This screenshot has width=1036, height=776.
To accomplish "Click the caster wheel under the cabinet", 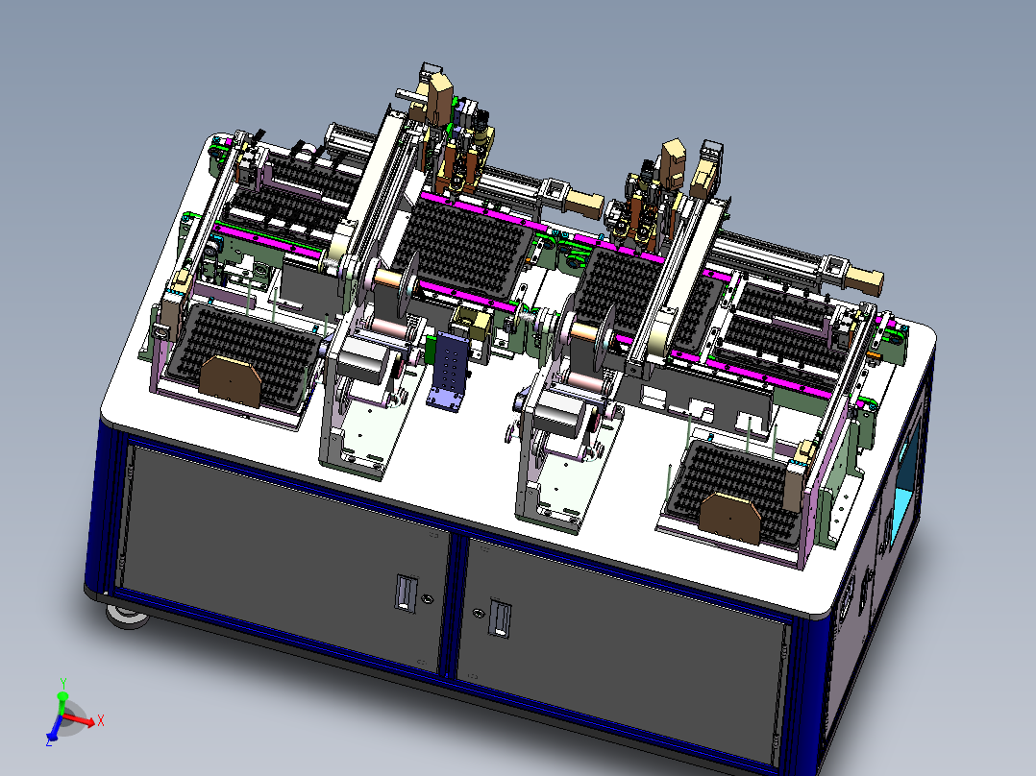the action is tap(126, 616).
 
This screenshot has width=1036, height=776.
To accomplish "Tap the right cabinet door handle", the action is tap(500, 618).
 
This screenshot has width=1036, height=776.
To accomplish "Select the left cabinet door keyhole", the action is tap(427, 599).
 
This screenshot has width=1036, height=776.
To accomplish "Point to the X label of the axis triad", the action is tap(100, 720).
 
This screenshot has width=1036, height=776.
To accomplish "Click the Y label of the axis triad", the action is tap(63, 684).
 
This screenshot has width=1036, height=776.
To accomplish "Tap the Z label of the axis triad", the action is tap(49, 741).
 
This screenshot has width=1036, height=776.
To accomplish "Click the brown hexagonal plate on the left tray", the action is tap(231, 381).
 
